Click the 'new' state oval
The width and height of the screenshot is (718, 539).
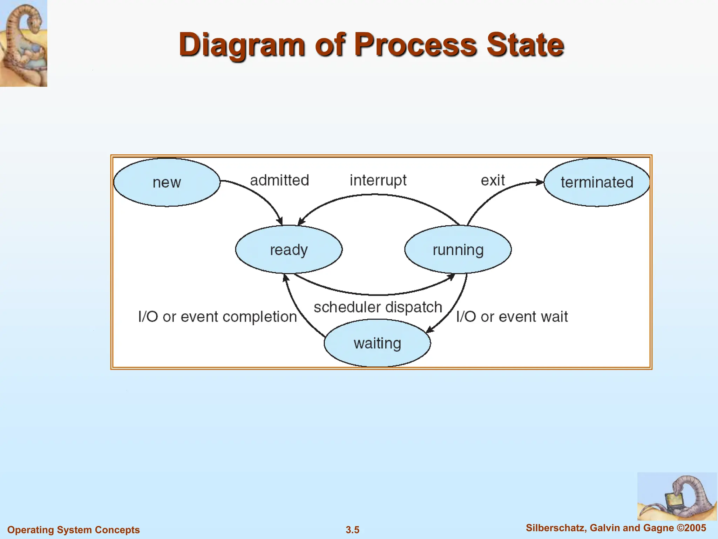[x=167, y=182]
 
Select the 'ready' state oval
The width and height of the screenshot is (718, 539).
[x=289, y=249]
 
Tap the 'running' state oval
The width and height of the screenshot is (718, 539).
[x=458, y=249]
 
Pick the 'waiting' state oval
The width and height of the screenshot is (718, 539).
[x=377, y=343]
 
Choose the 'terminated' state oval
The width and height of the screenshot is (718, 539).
[x=597, y=182]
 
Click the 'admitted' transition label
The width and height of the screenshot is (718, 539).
[x=279, y=180]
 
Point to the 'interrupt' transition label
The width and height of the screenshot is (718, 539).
[x=378, y=180]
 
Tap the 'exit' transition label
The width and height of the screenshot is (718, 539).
[x=493, y=180]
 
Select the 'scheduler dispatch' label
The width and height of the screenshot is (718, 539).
[x=378, y=307]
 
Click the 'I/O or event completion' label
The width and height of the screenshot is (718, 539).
[x=217, y=317]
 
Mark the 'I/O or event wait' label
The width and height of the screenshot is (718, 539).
[x=512, y=317]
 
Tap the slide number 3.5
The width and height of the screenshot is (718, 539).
[x=352, y=530]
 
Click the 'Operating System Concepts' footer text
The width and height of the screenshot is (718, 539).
[x=74, y=530]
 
